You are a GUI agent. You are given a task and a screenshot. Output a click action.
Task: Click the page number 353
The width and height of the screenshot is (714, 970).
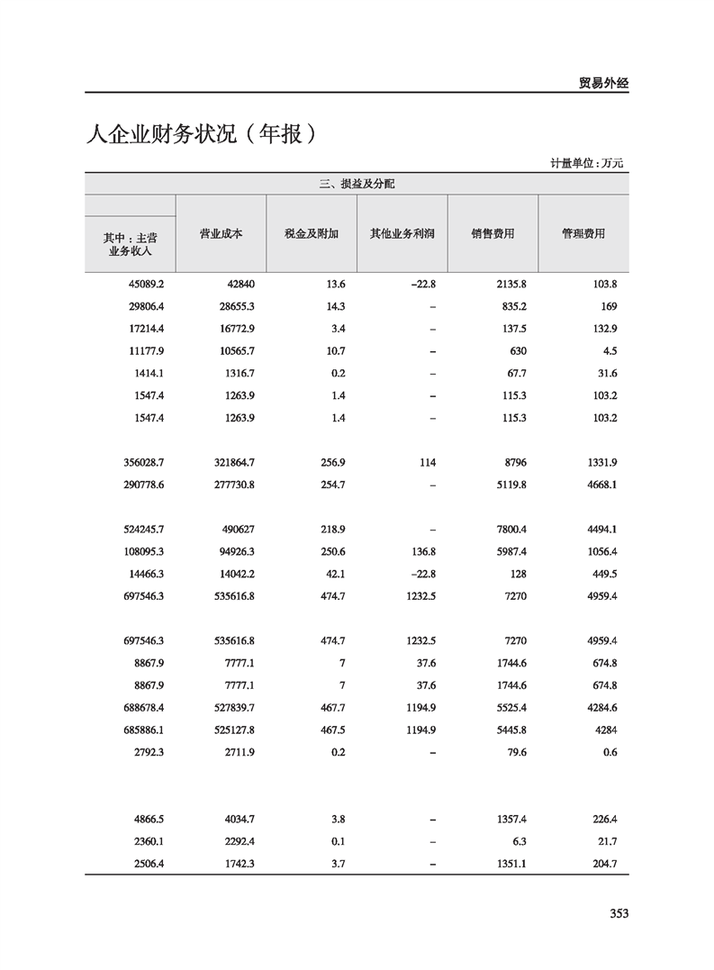point(618,913)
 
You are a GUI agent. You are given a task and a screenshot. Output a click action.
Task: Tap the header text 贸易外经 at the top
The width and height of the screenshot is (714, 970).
point(602,83)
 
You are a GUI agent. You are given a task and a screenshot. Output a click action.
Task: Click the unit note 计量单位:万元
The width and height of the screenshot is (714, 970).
point(586,163)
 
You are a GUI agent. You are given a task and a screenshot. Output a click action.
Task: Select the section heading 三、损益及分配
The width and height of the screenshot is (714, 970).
point(357,184)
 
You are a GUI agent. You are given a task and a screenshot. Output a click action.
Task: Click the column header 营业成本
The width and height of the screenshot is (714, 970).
point(221,233)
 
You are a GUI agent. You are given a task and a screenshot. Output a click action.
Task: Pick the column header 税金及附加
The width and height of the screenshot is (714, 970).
point(312,233)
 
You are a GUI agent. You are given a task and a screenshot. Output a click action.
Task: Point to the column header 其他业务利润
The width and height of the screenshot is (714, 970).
point(402,233)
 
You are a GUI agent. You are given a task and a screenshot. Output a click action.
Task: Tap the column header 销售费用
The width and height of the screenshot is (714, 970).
point(493,233)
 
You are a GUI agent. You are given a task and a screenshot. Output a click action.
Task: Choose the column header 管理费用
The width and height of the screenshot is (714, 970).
point(583,233)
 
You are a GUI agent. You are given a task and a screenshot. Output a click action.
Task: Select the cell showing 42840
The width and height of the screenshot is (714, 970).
point(237,284)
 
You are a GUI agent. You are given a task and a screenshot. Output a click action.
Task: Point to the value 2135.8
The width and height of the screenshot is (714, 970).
point(509,284)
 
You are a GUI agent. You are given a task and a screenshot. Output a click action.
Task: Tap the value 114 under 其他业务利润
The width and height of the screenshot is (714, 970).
point(426,463)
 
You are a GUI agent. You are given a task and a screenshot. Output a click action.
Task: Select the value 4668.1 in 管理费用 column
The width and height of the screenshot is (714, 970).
point(600,485)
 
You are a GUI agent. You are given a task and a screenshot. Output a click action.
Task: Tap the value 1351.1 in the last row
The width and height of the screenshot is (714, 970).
point(509,865)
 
